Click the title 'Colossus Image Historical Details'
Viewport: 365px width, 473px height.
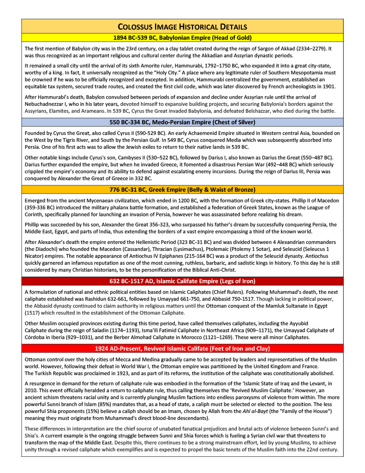point(182,26)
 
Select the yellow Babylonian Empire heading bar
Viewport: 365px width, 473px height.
point(182,37)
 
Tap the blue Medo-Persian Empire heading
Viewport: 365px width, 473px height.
point(182,122)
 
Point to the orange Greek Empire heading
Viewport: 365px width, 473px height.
point(182,189)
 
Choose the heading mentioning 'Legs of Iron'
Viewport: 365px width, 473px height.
point(182,281)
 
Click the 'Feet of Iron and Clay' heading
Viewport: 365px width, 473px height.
point(182,348)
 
